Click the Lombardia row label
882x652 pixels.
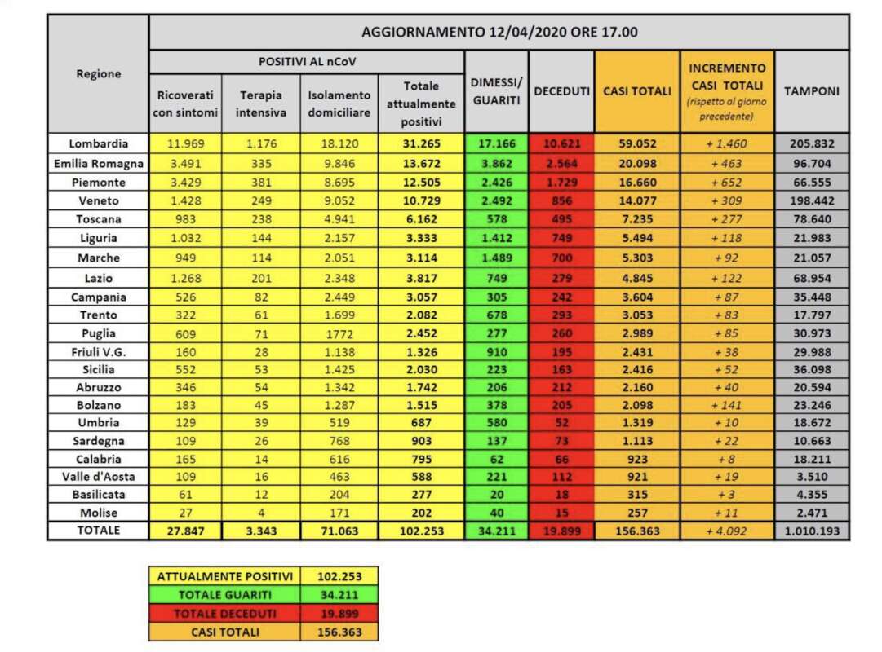click(98, 143)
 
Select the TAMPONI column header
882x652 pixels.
click(811, 91)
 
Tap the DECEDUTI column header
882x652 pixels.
click(561, 91)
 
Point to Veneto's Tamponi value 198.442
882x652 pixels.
click(811, 200)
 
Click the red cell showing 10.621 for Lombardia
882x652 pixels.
click(561, 143)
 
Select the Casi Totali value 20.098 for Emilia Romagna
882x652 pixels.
click(636, 163)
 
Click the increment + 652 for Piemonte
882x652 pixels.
click(726, 182)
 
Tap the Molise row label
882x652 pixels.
click(98, 513)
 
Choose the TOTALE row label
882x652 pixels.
click(98, 531)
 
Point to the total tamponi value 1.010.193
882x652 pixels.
click(811, 531)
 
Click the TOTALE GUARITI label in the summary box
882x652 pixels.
click(224, 595)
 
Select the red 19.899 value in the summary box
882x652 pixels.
click(339, 613)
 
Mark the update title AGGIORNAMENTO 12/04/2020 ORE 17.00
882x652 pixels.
click(499, 33)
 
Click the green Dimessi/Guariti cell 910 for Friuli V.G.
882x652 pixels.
click(496, 352)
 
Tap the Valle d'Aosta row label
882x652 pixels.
click(98, 476)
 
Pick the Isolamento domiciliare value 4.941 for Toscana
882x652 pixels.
click(339, 219)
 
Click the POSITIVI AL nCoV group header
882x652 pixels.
click(307, 62)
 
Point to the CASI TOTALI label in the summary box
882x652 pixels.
click(224, 632)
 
